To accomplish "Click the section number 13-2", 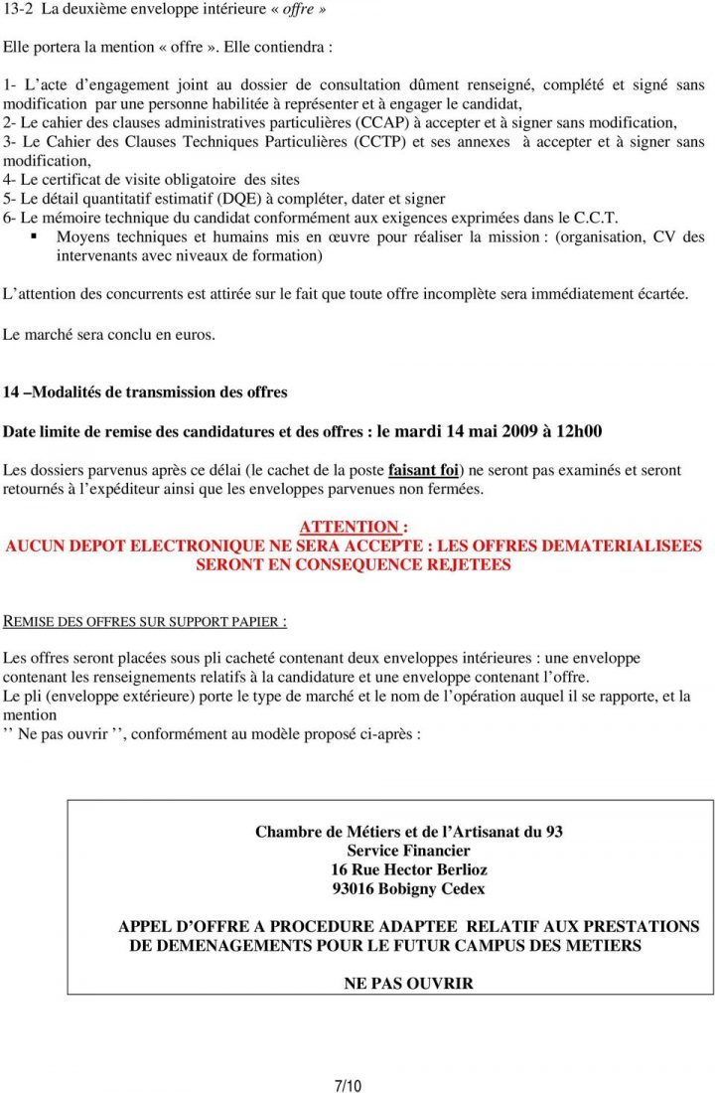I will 18,9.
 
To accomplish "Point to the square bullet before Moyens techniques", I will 35,236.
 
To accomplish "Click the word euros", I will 194,335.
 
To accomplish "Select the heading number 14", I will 11,392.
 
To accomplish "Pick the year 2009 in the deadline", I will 508,431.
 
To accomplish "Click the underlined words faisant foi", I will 424,470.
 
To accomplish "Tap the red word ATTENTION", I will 349,527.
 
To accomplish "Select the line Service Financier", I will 408,851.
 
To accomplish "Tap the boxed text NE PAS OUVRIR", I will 408,984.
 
